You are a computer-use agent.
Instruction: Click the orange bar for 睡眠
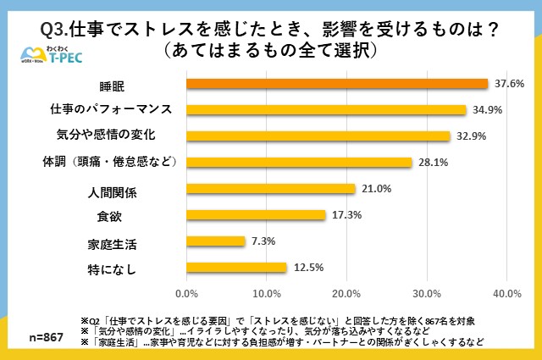pos(337,84)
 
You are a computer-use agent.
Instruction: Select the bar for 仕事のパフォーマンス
pos(326,110)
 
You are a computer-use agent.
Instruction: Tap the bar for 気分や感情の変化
pos(318,136)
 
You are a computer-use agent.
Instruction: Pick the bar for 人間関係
pos(270,189)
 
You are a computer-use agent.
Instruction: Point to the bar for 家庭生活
pos(215,241)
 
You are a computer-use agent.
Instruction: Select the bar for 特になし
pos(236,268)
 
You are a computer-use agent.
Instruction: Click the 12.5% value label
pos(307,268)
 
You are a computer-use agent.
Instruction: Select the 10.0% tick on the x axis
pos(265,293)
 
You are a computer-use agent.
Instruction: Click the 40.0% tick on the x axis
pos(506,293)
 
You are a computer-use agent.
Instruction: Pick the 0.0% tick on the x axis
pos(186,293)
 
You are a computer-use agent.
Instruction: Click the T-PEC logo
pos(52,58)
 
